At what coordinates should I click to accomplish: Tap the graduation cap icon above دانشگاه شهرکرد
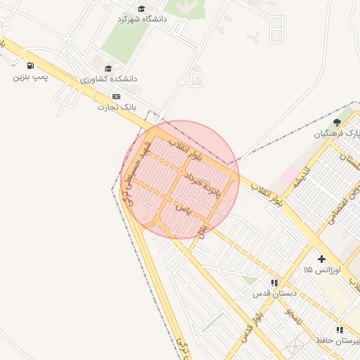pos(141,9)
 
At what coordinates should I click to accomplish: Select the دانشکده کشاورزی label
pos(109,79)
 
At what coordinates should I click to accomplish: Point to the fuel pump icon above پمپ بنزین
pos(29,67)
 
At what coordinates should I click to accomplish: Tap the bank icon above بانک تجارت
pos(115,97)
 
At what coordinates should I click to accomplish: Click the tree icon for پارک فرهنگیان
pos(337,123)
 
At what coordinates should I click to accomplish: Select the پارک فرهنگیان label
pos(337,134)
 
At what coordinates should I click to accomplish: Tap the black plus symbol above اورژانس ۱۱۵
pos(321,259)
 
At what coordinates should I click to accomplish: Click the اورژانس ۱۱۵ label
pos(321,271)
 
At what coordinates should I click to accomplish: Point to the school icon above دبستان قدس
pos(274,283)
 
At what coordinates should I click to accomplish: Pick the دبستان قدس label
pos(275,293)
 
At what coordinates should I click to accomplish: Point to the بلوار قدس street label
pos(254,326)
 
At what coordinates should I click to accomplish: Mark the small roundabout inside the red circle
pos(182,172)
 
